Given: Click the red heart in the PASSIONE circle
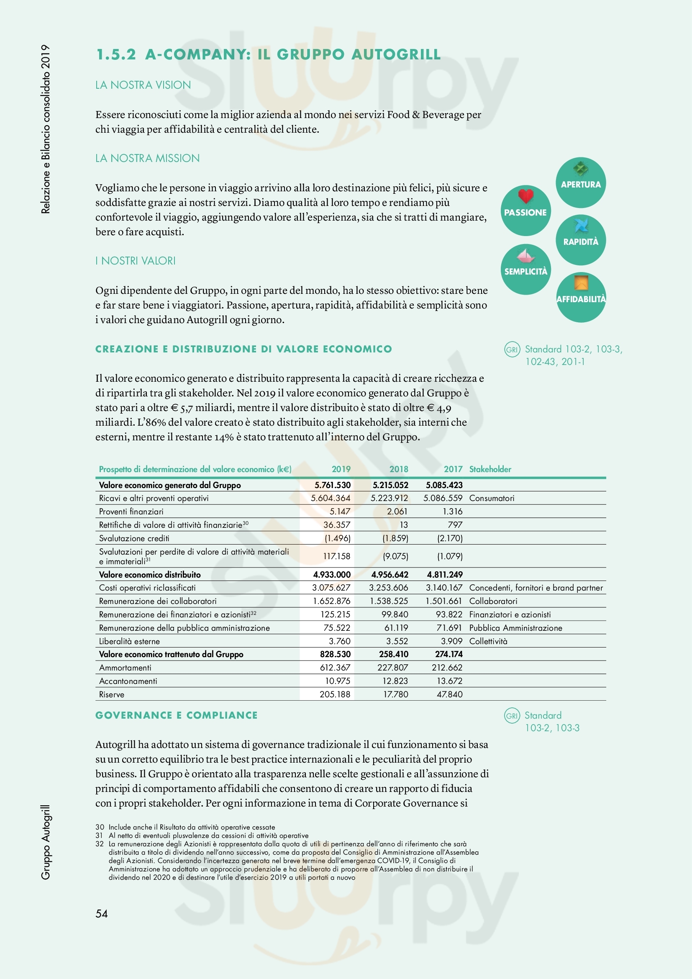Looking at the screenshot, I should pyautogui.click(x=525, y=196).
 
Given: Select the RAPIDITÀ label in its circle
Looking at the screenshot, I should pyautogui.click(x=580, y=242).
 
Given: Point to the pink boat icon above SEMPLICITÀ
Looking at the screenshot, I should pyautogui.click(x=525, y=255).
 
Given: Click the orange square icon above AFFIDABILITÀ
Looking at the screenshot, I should pyautogui.click(x=581, y=283).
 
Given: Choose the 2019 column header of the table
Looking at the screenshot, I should pyautogui.click(x=341, y=469).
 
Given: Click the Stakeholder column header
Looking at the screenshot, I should pyautogui.click(x=490, y=469).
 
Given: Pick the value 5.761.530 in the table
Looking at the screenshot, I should pyautogui.click(x=332, y=485).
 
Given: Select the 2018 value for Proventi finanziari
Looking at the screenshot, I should pyautogui.click(x=397, y=511).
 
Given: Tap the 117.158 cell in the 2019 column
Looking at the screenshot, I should pyautogui.click(x=336, y=556).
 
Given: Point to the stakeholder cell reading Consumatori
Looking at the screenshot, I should pyautogui.click(x=492, y=498).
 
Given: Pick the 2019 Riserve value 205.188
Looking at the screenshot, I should pyautogui.click(x=335, y=694).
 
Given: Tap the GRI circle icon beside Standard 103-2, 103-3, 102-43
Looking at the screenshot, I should pyautogui.click(x=512, y=349).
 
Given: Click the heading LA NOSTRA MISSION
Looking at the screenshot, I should pyautogui.click(x=147, y=158).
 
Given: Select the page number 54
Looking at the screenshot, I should pyautogui.click(x=101, y=913).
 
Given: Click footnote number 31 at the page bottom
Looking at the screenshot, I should pyautogui.click(x=99, y=835).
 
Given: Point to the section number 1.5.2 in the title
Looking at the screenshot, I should pyautogui.click(x=116, y=54).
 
